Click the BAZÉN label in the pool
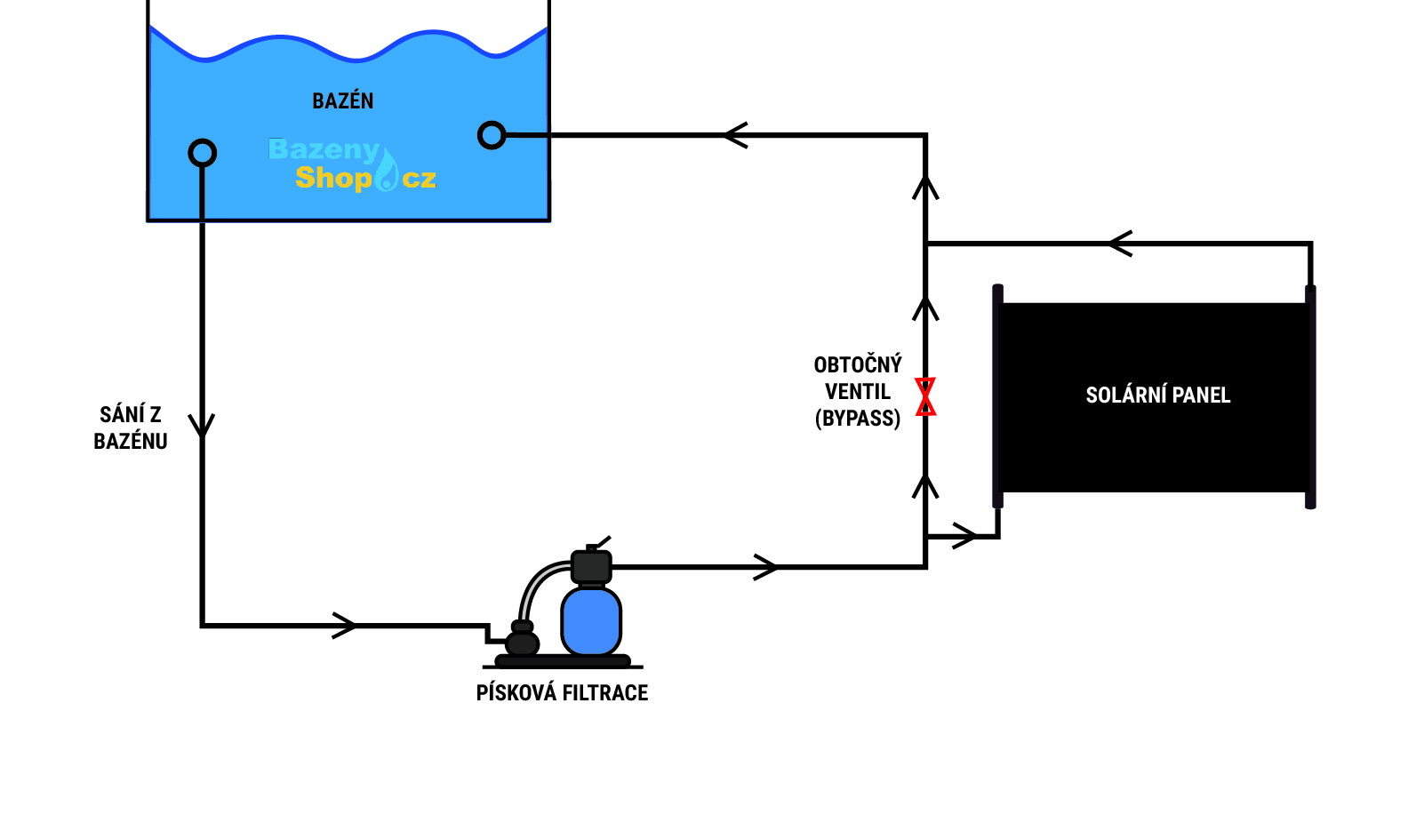coord(343,101)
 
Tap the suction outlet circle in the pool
coord(203,153)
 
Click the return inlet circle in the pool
coord(492,135)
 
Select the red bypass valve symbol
coord(925,396)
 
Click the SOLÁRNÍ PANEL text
coord(1157,396)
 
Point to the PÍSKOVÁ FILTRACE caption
coord(562,693)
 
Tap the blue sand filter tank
coord(591,619)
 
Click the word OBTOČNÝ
coord(858,364)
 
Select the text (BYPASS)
coord(858,419)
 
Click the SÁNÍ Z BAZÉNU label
coord(131,427)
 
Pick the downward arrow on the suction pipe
coord(203,425)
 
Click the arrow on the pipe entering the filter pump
coord(345,626)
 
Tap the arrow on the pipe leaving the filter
coord(765,567)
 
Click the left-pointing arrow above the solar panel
coord(1120,244)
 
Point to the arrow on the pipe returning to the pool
coord(735,135)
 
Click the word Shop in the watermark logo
coord(333,178)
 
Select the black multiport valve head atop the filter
coord(591,565)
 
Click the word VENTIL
coord(858,392)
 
